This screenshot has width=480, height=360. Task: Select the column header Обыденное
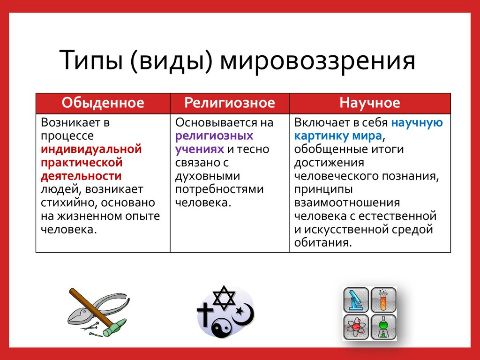tap(103, 103)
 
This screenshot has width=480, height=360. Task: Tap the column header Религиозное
tap(230, 103)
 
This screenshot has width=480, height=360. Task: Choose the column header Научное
tap(370, 103)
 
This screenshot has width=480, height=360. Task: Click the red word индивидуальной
tap(91, 150)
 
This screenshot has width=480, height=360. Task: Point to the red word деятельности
tap(81, 176)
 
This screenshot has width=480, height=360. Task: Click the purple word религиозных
tap(214, 136)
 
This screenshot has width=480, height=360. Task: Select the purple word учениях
tap(200, 150)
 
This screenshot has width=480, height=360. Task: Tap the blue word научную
tap(417, 123)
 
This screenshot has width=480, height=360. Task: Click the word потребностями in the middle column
tap(219, 189)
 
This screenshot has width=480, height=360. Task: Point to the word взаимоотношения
tap(347, 203)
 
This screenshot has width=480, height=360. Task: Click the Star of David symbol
tap(224, 298)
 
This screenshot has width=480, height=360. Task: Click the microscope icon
tap(356, 300)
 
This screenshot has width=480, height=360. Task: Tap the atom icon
tap(356, 327)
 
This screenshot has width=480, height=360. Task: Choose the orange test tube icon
tap(383, 300)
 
